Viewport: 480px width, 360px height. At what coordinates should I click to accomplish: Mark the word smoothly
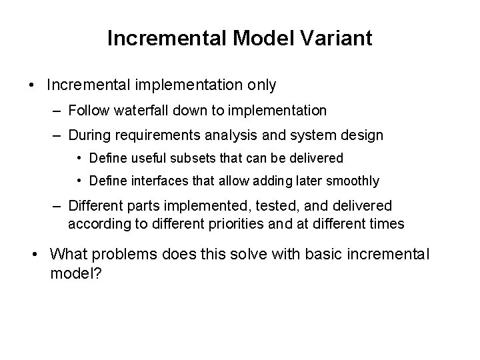pos(355,181)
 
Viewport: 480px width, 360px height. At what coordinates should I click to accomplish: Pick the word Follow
pos(87,110)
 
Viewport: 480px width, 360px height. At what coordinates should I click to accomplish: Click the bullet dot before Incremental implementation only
pos(31,85)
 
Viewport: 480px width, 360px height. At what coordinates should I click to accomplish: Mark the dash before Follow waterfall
pos(57,110)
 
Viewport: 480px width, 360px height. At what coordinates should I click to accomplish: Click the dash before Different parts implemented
pos(57,207)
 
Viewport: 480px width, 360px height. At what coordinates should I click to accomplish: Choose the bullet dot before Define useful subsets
pos(79,158)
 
